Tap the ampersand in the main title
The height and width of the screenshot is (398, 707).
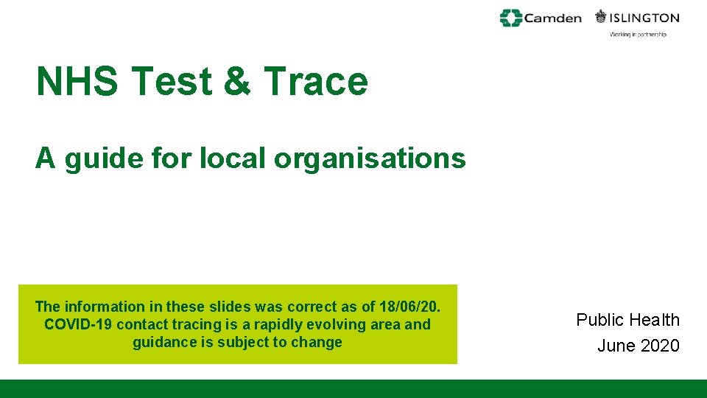pyautogui.click(x=236, y=81)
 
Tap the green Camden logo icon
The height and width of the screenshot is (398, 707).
pyautogui.click(x=510, y=18)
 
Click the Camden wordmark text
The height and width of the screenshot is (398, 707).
pyautogui.click(x=552, y=18)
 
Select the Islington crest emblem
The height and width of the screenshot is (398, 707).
pyautogui.click(x=601, y=17)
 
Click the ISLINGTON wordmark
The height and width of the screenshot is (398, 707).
pyautogui.click(x=644, y=18)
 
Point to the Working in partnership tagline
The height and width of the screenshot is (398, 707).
pyautogui.click(x=638, y=35)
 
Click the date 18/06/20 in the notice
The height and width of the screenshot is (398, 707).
pyautogui.click(x=409, y=307)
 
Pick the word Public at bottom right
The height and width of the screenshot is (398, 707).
pyautogui.click(x=599, y=320)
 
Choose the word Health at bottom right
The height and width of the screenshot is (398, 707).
pyautogui.click(x=655, y=320)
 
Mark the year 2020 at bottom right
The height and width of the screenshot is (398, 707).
pyautogui.click(x=659, y=346)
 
